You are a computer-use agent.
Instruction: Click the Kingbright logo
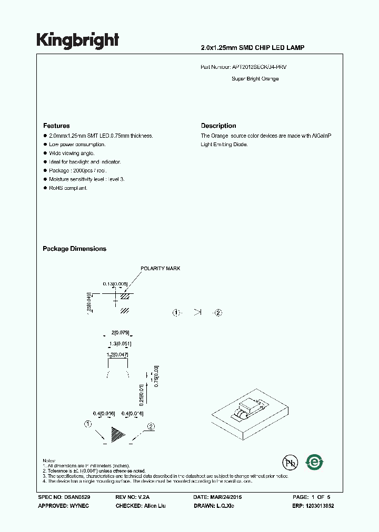[x=77, y=40]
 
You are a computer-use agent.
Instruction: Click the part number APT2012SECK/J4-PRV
[x=260, y=68]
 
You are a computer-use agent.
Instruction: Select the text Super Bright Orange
[x=255, y=79]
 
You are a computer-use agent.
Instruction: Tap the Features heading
[x=56, y=126]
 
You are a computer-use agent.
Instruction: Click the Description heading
[x=218, y=126]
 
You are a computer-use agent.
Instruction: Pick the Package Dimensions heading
[x=74, y=249]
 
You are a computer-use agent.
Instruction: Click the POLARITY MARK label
[x=160, y=269]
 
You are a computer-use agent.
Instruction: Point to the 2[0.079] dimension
[x=121, y=333]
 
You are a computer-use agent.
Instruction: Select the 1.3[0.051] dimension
[x=120, y=344]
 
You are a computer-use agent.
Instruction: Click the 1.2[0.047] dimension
[x=117, y=355]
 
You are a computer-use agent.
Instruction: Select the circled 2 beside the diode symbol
[x=218, y=313]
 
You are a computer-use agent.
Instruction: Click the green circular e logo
[x=315, y=462]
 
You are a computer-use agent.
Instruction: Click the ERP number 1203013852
[x=320, y=506]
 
